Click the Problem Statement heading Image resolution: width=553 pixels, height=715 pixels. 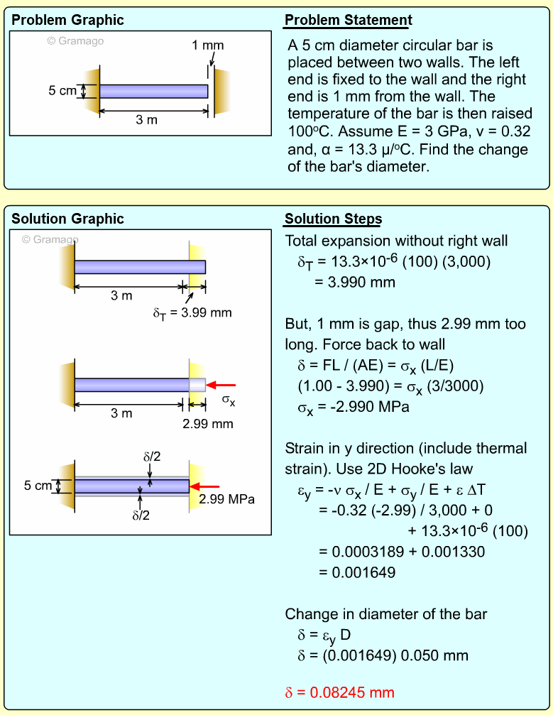pos(349,20)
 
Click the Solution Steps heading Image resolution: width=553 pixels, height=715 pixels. pos(334,219)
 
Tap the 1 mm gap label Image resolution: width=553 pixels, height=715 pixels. pos(207,45)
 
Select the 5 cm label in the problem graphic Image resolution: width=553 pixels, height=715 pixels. pos(62,91)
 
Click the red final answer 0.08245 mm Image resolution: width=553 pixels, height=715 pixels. pos(339,692)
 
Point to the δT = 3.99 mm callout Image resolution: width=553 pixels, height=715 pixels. pos(192,312)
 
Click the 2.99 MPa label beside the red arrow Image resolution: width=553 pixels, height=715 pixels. pos(226,499)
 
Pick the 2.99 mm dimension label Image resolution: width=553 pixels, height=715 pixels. pos(207,425)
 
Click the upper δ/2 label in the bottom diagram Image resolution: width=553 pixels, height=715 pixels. pos(152,457)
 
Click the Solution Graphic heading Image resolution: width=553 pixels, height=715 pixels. pos(67,219)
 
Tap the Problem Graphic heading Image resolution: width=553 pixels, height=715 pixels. pos(67,20)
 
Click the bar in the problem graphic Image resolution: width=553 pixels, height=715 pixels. pos(153,91)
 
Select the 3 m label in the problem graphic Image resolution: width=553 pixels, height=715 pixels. pos(147,120)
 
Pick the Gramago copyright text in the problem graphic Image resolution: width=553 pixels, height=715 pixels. pos(75,41)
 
